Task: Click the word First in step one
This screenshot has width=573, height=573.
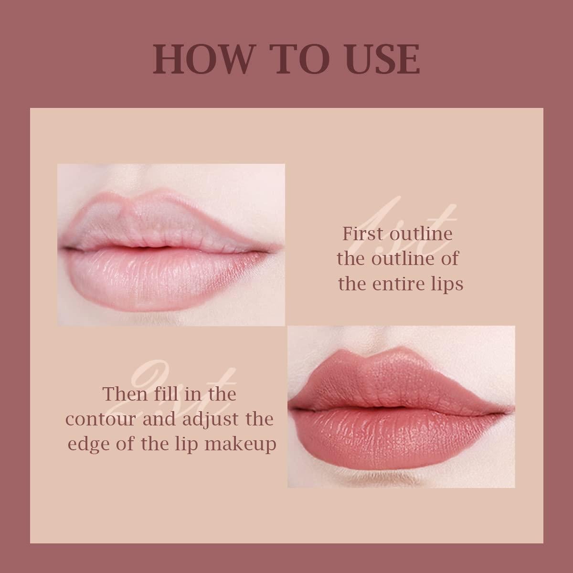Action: (363, 234)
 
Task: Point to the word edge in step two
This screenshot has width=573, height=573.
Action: (88, 444)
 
